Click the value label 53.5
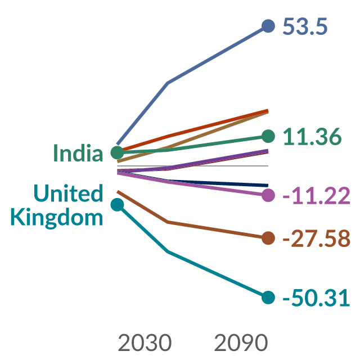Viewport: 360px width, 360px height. (305, 26)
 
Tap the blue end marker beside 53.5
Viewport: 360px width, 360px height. (268, 26)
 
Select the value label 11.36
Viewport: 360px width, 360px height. (312, 137)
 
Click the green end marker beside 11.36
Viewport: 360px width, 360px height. (268, 136)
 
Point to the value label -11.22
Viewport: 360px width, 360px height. (316, 196)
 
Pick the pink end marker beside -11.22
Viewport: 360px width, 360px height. (268, 195)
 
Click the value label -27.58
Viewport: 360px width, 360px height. (316, 238)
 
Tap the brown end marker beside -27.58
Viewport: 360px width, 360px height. (268, 238)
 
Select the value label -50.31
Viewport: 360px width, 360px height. (316, 298)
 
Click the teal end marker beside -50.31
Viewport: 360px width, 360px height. (268, 298)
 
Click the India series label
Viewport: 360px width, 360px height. (78, 152)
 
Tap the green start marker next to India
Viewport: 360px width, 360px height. (118, 152)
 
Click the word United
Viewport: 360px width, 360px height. (68, 193)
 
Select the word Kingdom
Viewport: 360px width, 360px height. (56, 217)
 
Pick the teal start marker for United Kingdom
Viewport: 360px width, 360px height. (118, 205)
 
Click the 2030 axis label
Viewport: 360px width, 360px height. (145, 343)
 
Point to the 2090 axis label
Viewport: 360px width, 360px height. (241, 343)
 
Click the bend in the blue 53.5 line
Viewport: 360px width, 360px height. (168, 83)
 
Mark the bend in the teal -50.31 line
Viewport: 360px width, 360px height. (168, 251)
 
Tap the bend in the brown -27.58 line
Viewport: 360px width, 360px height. (168, 222)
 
